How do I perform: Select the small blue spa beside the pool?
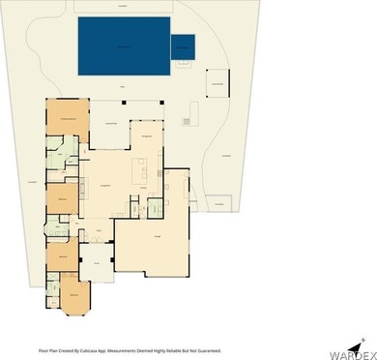183,46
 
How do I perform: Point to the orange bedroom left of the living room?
62,198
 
